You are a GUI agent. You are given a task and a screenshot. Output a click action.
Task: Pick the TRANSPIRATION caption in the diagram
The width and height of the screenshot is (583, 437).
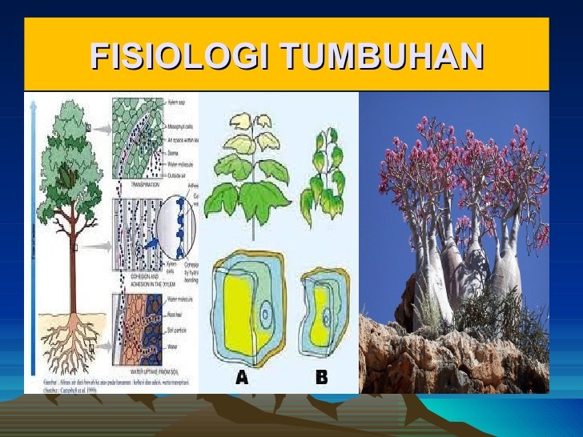135,185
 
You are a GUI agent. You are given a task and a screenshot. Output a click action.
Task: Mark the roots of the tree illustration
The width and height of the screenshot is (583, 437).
68,340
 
